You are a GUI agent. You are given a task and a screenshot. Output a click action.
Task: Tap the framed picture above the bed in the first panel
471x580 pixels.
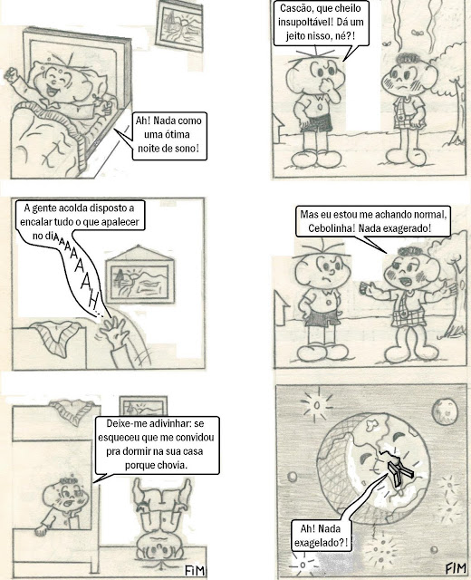[x=179, y=26]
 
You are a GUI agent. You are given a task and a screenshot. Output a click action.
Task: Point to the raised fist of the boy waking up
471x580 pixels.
[x=12, y=74]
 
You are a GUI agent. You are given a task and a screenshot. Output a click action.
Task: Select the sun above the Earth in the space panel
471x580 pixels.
[x=316, y=405]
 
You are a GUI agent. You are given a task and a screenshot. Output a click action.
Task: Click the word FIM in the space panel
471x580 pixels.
[x=455, y=568]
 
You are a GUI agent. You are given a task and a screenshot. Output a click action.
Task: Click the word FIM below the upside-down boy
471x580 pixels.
[x=195, y=570]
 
